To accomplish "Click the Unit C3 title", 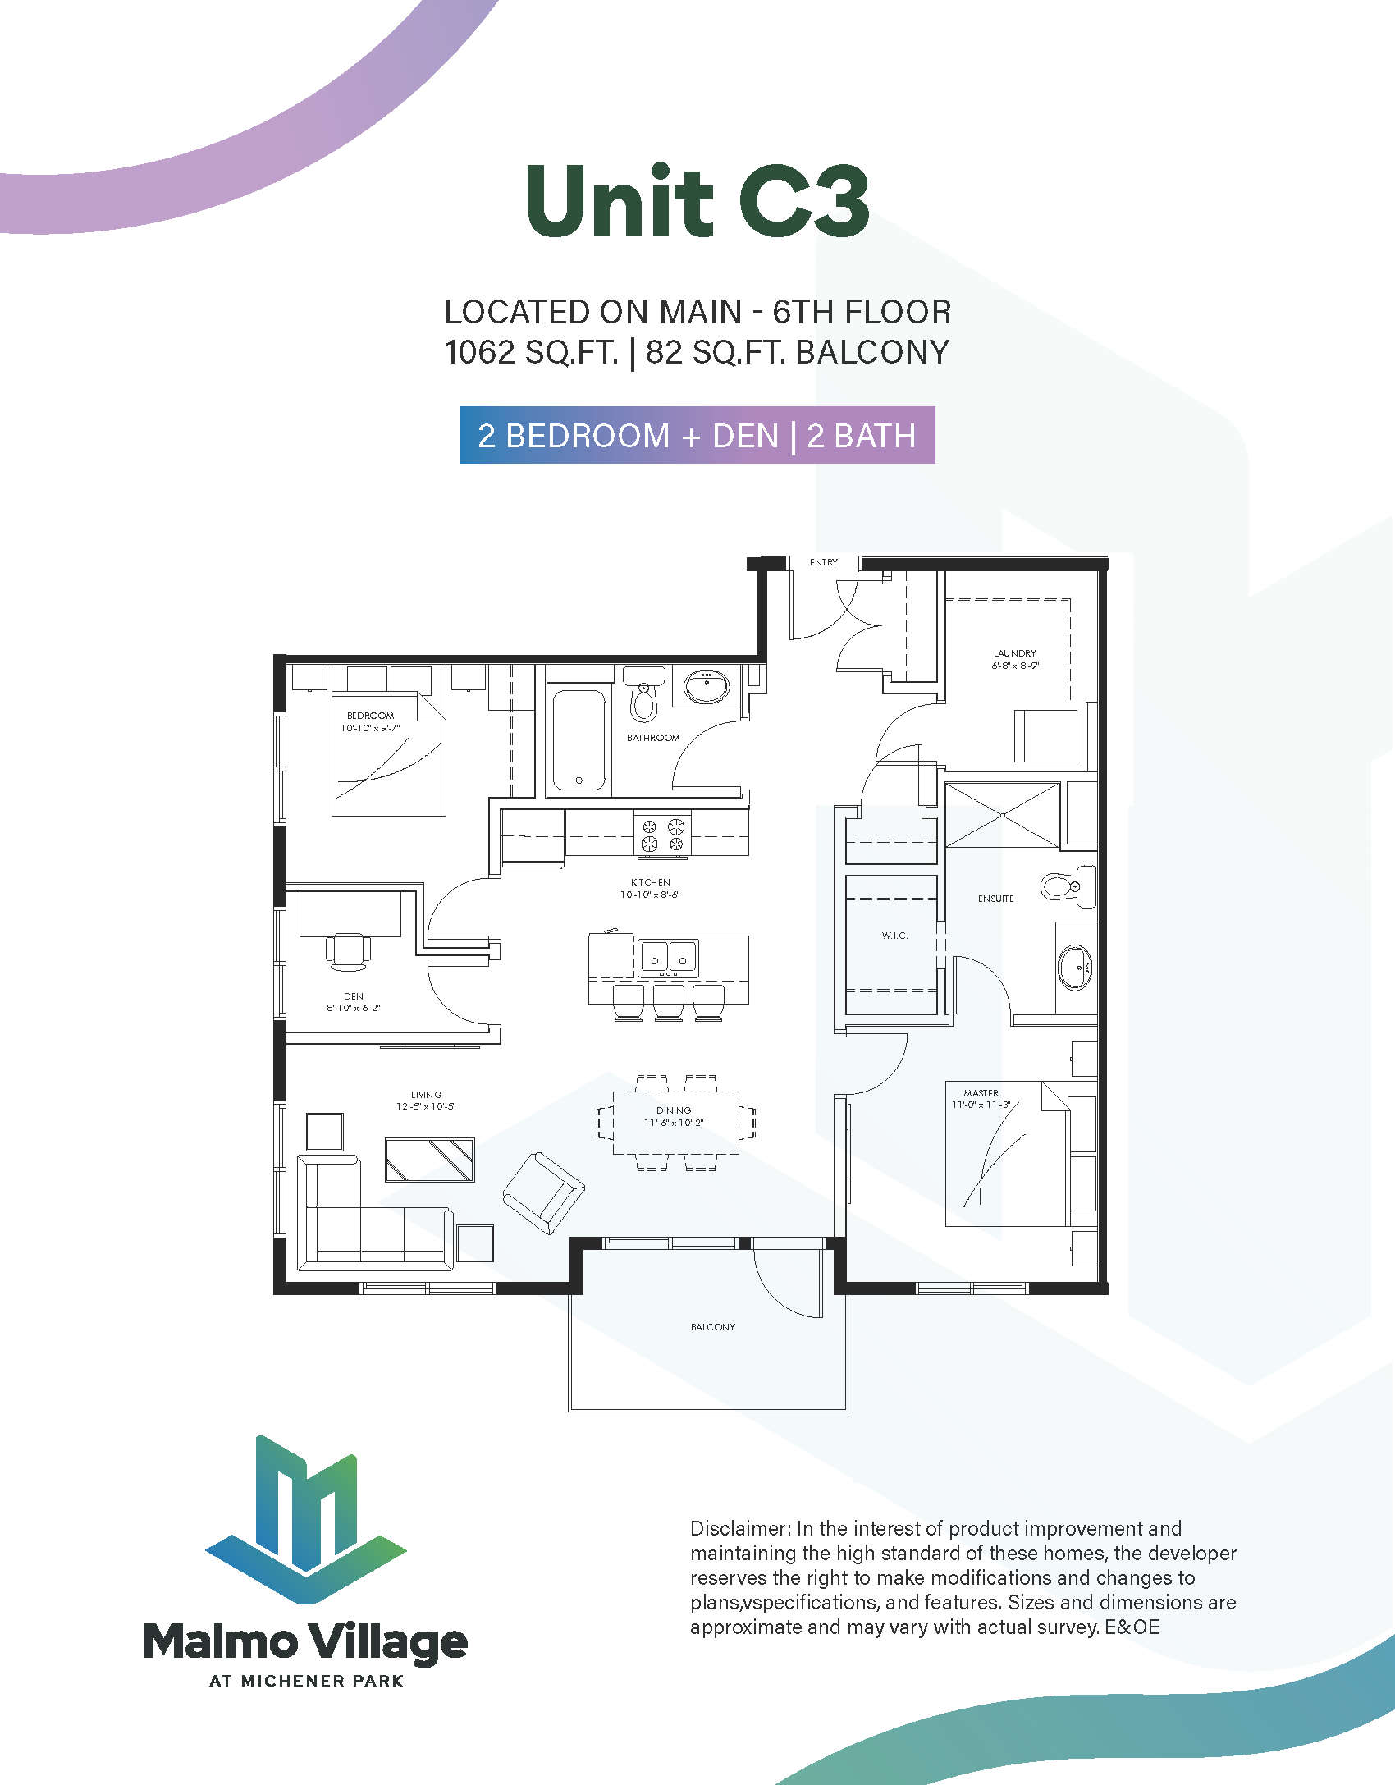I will [697, 202].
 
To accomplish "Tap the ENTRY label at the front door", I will [823, 562].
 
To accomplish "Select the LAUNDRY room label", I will [1014, 653].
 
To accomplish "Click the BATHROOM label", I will [653, 738].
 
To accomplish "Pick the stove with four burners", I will [662, 835].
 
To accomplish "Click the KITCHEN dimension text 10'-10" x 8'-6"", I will [650, 895].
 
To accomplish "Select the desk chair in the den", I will [348, 950].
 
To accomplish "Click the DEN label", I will [354, 996].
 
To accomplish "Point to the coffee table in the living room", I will [429, 1160].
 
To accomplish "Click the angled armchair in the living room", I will [543, 1192].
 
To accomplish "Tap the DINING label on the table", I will [674, 1110].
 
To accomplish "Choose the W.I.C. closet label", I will [894, 936].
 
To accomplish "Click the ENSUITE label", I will [995, 899].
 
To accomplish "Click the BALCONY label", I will [712, 1327].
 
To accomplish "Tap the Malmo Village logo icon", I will [306, 1518].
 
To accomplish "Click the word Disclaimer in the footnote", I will [740, 1529].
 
